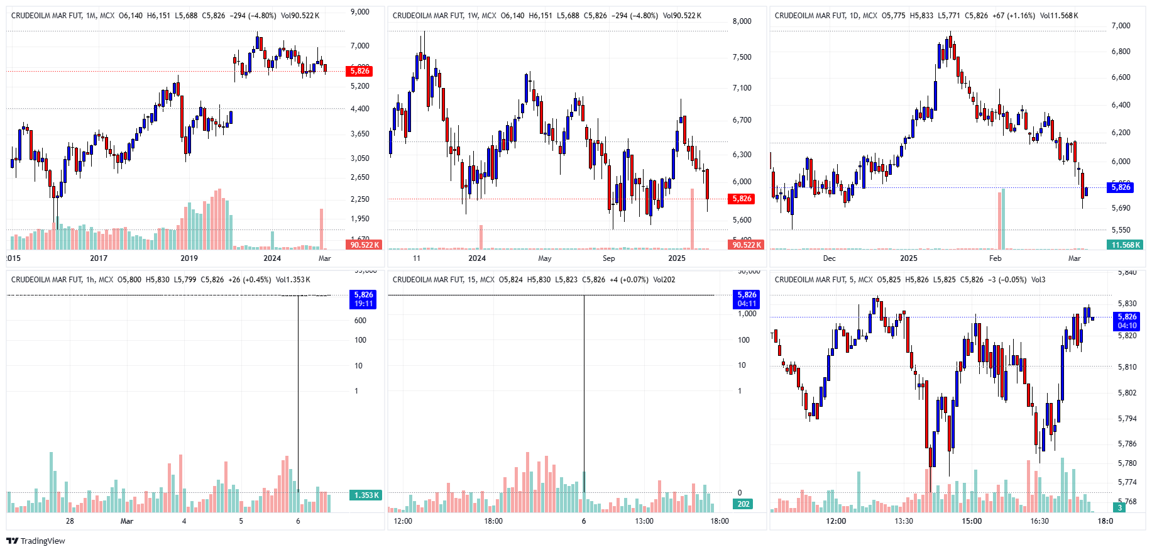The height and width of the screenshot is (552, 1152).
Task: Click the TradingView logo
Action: pyautogui.click(x=36, y=541)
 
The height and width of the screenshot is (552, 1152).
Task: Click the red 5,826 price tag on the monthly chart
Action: pyautogui.click(x=359, y=71)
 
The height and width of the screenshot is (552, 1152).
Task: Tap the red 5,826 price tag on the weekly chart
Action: pyautogui.click(x=742, y=199)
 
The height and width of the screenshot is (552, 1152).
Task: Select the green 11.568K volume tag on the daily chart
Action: pyautogui.click(x=1125, y=245)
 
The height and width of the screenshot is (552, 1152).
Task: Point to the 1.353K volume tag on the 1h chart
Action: pyautogui.click(x=366, y=495)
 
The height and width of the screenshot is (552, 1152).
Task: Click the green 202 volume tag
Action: pyautogui.click(x=743, y=504)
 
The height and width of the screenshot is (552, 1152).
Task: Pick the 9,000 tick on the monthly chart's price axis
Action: pyautogui.click(x=360, y=12)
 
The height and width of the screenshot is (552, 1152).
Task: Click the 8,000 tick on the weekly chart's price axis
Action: pyautogui.click(x=742, y=21)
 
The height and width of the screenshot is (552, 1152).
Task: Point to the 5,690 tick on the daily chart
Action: pyautogui.click(x=1121, y=208)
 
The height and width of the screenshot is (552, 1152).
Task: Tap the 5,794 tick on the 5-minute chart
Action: pyautogui.click(x=1127, y=419)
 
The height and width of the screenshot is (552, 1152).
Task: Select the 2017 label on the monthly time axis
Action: pyautogui.click(x=99, y=258)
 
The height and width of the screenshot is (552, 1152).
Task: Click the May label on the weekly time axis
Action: pyautogui.click(x=545, y=258)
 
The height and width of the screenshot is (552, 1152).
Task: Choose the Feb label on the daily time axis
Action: pyautogui.click(x=995, y=258)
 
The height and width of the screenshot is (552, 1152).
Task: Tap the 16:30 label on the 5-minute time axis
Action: pyautogui.click(x=1040, y=521)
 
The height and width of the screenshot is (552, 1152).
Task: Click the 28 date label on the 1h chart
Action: pyautogui.click(x=70, y=521)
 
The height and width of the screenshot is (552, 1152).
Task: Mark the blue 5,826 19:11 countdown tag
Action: pyautogui.click(x=363, y=299)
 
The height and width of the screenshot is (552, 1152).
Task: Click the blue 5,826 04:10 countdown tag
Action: pyautogui.click(x=1127, y=321)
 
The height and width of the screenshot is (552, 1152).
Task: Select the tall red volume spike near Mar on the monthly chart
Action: pyautogui.click(x=321, y=229)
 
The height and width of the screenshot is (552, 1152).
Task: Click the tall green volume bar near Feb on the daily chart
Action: pyautogui.click(x=1003, y=219)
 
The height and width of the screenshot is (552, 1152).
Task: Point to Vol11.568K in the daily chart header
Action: pyautogui.click(x=1059, y=16)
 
